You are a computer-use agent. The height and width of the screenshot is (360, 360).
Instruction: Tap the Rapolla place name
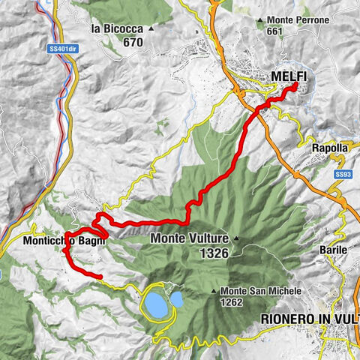coord(330,148)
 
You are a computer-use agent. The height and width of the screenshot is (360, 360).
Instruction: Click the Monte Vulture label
coord(189,240)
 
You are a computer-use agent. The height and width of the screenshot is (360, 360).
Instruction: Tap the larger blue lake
coord(156,304)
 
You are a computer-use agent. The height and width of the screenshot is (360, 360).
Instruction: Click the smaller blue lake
coord(177,299)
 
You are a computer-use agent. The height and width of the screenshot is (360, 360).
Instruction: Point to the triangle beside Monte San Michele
coord(215,291)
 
